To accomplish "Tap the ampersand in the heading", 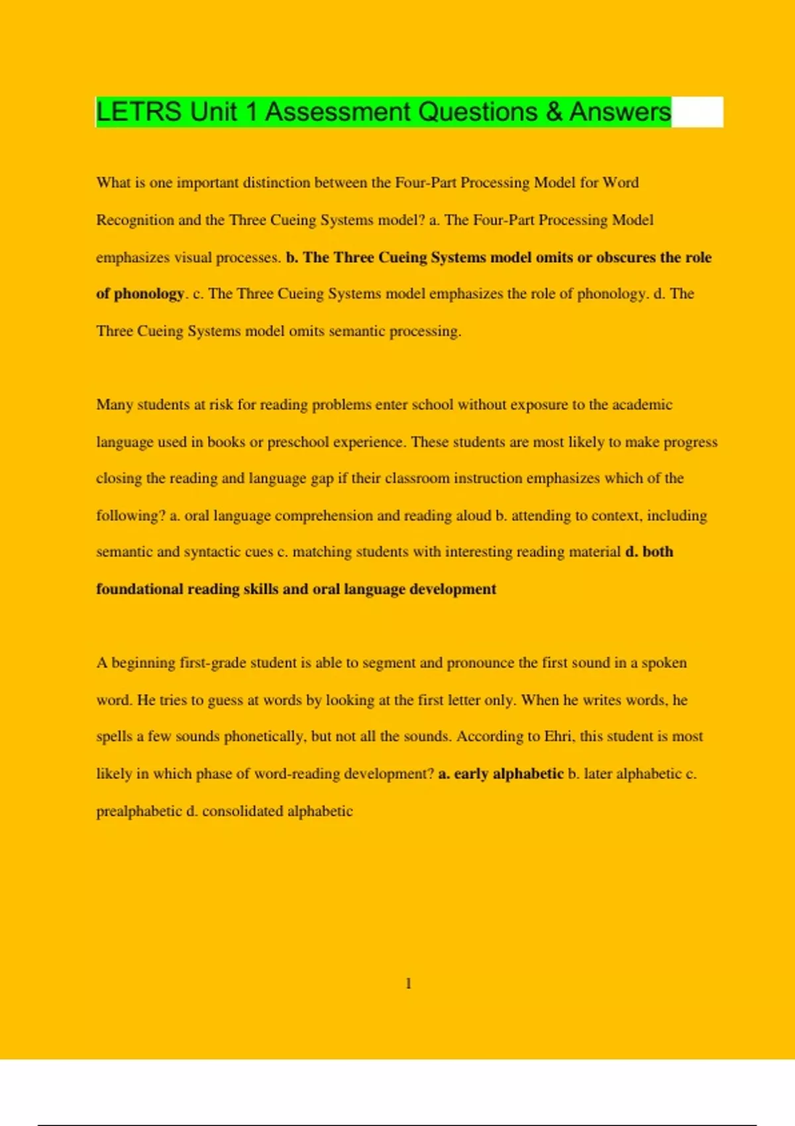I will click(x=555, y=112).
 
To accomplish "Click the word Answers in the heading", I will click(x=620, y=112).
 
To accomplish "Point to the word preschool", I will click(x=297, y=442).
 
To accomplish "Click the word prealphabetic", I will click(x=138, y=811).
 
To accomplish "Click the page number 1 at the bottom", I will click(x=408, y=984).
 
